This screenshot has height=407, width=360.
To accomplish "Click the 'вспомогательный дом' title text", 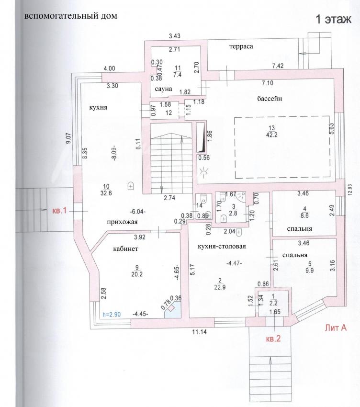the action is click(70, 16).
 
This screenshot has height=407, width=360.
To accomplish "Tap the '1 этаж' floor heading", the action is click(333, 20).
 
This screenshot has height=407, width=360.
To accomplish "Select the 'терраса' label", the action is click(241, 46).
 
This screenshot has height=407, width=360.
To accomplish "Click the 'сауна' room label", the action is click(164, 89).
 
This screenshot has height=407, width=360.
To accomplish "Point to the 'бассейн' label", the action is click(270, 98).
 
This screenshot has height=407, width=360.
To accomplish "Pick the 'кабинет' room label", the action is click(125, 249).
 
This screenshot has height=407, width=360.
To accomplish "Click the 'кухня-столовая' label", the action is click(222, 246).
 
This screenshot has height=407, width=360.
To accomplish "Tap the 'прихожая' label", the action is click(122, 222).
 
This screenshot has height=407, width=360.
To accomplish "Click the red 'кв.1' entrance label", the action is click(59, 211).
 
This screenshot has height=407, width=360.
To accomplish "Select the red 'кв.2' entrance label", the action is click(273, 339).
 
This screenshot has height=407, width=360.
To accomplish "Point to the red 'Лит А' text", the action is click(336, 328).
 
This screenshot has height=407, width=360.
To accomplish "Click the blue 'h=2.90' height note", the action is click(112, 314).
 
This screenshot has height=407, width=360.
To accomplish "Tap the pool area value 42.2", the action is click(271, 135).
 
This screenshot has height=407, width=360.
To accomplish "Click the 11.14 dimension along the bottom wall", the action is click(199, 331).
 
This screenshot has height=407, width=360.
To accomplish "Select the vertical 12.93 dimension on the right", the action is click(349, 190).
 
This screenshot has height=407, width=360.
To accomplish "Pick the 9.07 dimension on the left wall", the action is click(68, 138).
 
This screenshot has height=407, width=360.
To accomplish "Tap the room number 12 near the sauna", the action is click(169, 113).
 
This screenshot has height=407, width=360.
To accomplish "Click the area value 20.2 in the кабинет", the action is click(137, 274).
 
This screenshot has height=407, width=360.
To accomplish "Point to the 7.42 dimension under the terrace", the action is click(278, 66).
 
